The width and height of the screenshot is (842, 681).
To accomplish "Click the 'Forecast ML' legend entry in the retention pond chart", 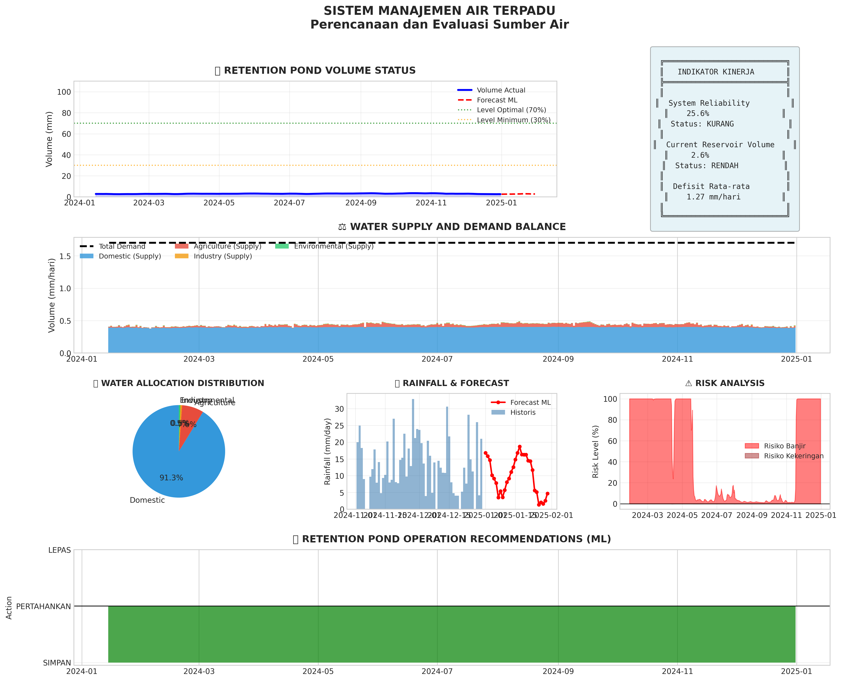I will [x=497, y=100].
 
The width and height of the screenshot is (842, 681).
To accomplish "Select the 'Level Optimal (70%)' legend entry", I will [x=511, y=110].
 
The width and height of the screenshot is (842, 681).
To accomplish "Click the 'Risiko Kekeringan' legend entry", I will [x=793, y=456].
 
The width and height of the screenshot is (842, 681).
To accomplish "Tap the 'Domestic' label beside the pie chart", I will [x=147, y=500].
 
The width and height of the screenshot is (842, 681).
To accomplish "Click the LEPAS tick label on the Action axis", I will [x=60, y=550].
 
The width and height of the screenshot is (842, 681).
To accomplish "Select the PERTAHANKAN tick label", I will [x=44, y=606].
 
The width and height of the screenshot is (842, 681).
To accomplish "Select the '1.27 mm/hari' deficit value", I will [x=713, y=197].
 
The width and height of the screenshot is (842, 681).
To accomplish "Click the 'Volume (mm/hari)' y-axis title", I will [x=51, y=295].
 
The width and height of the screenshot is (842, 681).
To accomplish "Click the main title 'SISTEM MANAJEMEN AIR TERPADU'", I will [x=439, y=11].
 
